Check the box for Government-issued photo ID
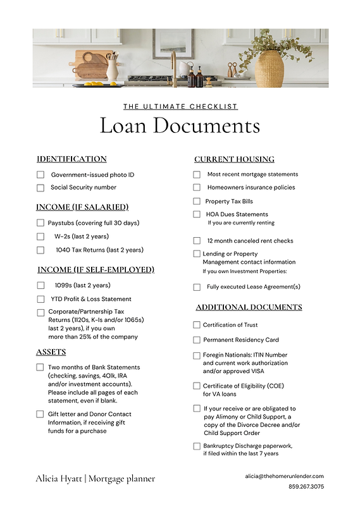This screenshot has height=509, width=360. (x=40, y=175)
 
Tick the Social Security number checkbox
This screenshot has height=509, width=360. (x=40, y=188)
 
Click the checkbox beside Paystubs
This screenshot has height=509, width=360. (x=40, y=223)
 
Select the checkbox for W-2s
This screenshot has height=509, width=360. (x=40, y=236)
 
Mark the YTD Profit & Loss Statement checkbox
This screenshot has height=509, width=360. (x=40, y=299)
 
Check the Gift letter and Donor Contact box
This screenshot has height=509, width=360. (x=40, y=414)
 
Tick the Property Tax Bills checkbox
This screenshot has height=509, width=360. (x=197, y=202)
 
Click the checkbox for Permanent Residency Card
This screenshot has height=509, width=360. (x=197, y=340)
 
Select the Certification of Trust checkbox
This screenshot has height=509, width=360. (x=197, y=325)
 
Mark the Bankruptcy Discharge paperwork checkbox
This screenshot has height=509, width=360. (x=197, y=446)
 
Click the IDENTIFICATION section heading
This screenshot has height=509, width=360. (x=71, y=159)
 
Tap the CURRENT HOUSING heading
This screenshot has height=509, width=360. (x=234, y=159)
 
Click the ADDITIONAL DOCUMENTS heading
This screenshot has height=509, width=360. (x=249, y=307)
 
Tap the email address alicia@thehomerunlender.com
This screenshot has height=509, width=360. (x=284, y=476)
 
